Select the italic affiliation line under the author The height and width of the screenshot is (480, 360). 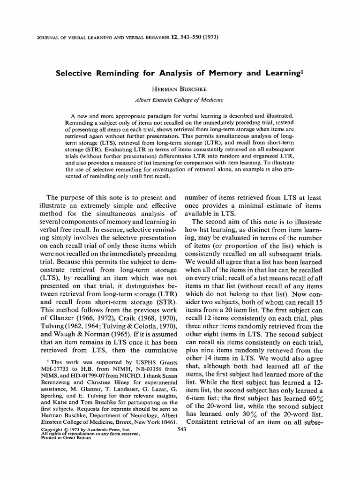coord(180,99)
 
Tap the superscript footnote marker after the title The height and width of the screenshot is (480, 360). coord(302,71)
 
